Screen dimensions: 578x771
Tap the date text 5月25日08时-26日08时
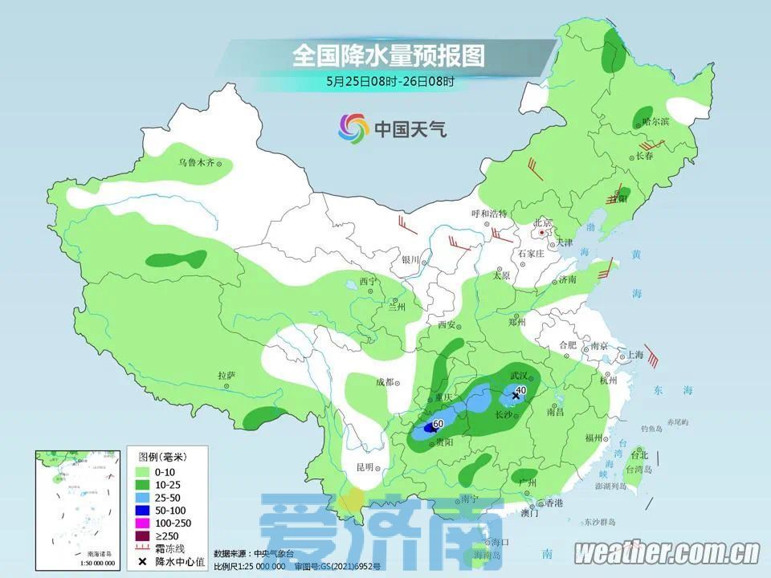(x=390, y=81)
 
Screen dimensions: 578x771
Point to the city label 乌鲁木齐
(x=198, y=163)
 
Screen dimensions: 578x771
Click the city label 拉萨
(x=226, y=375)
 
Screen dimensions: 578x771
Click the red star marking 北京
(x=544, y=233)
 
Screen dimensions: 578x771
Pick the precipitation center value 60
(x=438, y=423)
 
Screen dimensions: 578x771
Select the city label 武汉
(x=520, y=376)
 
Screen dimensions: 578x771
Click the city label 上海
(x=634, y=354)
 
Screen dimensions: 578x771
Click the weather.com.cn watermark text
(x=667, y=552)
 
